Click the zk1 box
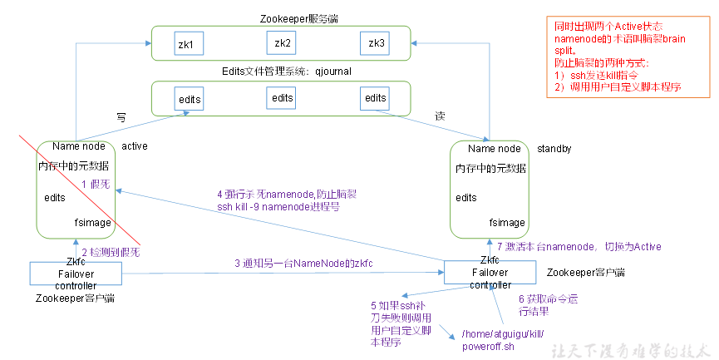[185, 43]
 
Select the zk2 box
[282, 42]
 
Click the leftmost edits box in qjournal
[190, 99]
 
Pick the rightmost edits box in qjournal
[375, 98]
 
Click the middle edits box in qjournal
[282, 98]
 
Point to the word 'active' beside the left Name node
[135, 146]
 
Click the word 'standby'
[555, 148]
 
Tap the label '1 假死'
[96, 183]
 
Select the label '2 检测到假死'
[111, 251]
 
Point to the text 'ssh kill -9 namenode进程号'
[278, 205]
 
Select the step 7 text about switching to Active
[579, 246]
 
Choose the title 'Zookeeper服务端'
[280, 17]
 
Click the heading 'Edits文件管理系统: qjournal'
[281, 72]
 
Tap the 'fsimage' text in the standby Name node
[506, 222]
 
